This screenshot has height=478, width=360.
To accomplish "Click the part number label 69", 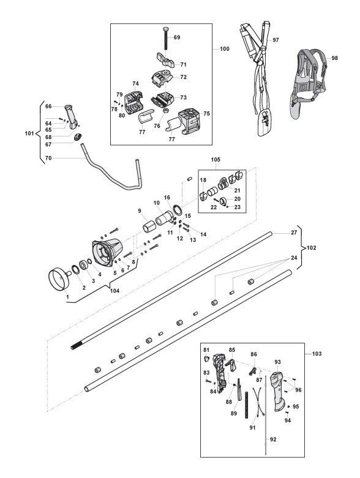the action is tap(177, 37).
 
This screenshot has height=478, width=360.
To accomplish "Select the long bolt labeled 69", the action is tap(166, 38).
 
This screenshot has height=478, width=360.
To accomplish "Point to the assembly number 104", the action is tap(114, 291).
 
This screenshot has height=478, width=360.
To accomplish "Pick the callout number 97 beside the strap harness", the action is tap(276, 40).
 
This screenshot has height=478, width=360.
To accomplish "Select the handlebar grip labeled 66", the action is tap(72, 116).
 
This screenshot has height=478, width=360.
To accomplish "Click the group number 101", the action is tap(29, 133).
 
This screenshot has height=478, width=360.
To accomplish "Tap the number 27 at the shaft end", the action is tap(293, 233).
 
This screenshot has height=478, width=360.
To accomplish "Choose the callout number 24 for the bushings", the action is tap(293, 258).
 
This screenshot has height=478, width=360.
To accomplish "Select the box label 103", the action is tap(317, 354).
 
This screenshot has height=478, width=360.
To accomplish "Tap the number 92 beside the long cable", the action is tap(273, 439).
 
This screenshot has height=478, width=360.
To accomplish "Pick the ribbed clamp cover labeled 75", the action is tap(190, 122).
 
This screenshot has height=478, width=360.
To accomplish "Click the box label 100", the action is tap(224, 49).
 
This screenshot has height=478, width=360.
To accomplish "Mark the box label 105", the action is tap(216, 160).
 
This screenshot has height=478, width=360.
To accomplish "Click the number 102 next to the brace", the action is tap(311, 248).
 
